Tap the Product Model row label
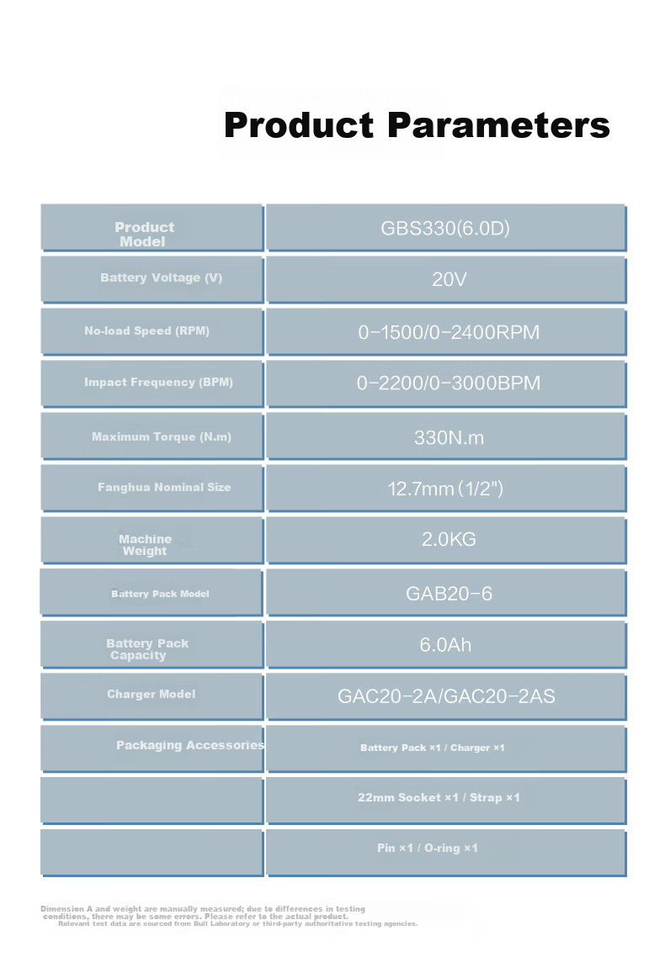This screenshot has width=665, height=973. (144, 234)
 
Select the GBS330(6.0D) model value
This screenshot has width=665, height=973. (445, 229)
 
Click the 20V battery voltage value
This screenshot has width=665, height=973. (449, 279)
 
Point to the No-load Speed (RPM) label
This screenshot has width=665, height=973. (147, 331)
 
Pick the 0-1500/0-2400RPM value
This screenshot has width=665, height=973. (449, 332)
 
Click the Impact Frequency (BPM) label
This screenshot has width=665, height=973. (159, 383)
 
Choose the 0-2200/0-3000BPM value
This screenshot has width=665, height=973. (449, 383)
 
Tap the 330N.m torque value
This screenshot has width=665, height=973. (449, 437)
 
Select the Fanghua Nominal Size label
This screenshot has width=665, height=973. (164, 487)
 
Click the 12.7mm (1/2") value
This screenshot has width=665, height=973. (445, 489)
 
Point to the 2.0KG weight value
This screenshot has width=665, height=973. (449, 539)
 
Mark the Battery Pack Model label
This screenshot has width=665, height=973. (160, 594)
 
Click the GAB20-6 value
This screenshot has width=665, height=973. (449, 594)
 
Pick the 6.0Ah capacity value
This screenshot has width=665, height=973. (445, 645)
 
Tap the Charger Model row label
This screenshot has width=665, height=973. (151, 694)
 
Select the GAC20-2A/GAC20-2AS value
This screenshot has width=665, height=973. (446, 696)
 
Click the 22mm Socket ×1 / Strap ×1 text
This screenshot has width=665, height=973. (439, 797)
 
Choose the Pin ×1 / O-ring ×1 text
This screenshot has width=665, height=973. (427, 848)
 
